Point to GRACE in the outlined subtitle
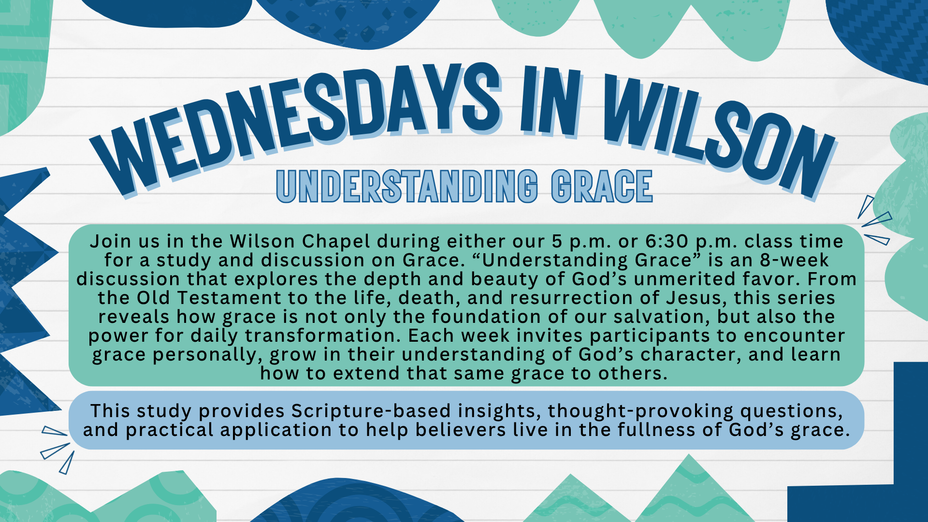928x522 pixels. click(602, 186)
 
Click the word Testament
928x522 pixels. click(229, 298)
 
